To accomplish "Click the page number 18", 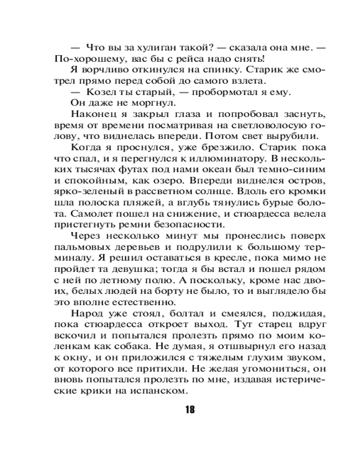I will tap(189, 410).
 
